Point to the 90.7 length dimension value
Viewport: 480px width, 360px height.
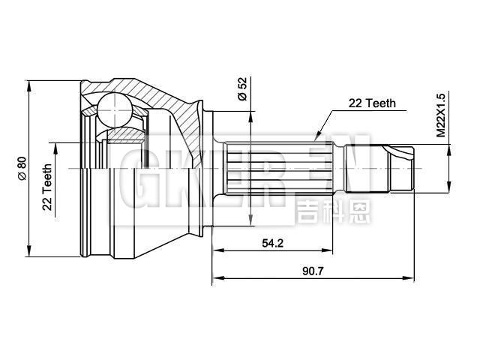tap(314, 271)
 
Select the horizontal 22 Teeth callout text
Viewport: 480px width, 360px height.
tap(371, 104)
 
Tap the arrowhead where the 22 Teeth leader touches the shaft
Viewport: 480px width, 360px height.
tap(317, 138)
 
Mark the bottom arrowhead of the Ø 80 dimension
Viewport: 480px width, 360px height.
tap(29, 252)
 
